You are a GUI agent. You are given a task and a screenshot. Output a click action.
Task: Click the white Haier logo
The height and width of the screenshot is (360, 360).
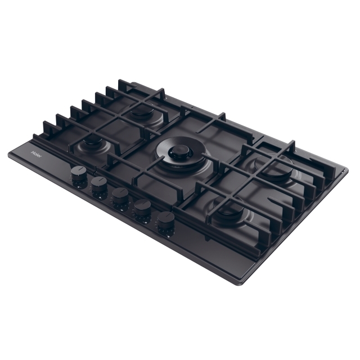click(37, 154)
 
